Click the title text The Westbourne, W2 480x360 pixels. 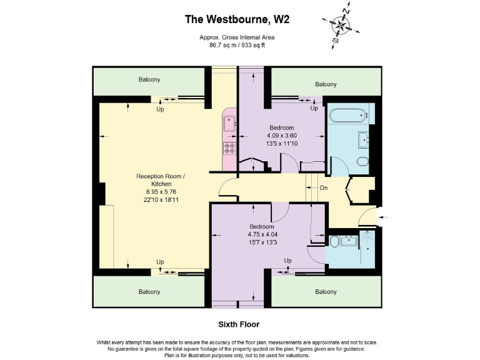237,19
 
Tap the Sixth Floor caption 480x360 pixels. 238,324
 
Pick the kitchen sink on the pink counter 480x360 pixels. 229,122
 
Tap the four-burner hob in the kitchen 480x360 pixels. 229,148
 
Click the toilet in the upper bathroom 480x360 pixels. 362,161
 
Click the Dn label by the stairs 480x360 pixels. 323,187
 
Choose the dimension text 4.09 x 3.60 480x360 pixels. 282,135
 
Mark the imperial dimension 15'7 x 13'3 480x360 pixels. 261,242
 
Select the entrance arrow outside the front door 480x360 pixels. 382,217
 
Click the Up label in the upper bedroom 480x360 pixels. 314,108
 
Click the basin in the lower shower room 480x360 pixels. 349,241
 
